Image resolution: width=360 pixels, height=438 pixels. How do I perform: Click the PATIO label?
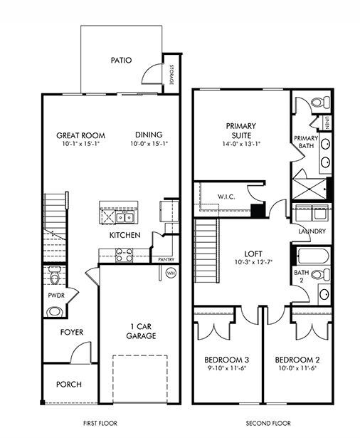[121, 61]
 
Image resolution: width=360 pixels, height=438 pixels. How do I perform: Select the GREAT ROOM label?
[80, 135]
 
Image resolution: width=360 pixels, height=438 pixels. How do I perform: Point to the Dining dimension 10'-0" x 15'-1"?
[147, 144]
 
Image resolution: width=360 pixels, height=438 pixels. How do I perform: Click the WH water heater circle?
[170, 272]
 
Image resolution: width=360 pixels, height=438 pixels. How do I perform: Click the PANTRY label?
[166, 260]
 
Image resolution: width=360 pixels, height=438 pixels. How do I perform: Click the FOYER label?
[71, 332]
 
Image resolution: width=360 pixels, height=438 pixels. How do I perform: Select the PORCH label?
[69, 384]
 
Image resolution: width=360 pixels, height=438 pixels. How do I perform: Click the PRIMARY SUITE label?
[240, 130]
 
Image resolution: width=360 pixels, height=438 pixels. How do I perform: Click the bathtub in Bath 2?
[311, 256]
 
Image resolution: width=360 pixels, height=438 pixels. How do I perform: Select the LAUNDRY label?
[312, 231]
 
